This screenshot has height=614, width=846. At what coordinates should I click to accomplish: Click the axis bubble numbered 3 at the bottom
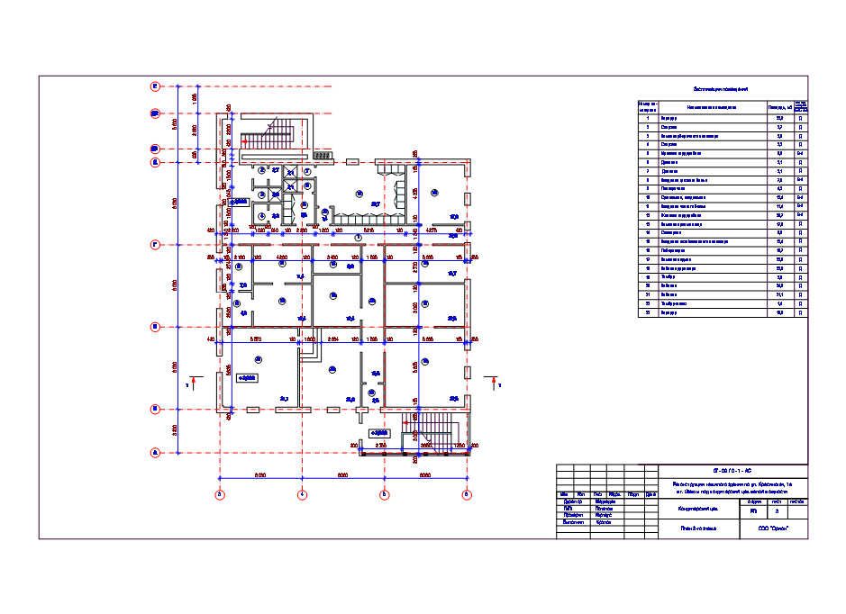pyautogui.click(x=219, y=494)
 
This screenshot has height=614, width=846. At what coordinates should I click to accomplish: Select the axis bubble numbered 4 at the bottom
pyautogui.click(x=303, y=494)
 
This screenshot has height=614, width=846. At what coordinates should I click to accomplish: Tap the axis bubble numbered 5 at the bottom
pyautogui.click(x=385, y=494)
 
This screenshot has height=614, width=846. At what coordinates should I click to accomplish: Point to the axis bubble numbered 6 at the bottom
pyautogui.click(x=467, y=494)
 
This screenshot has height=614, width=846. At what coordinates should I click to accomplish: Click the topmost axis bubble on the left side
pyautogui.click(x=155, y=86)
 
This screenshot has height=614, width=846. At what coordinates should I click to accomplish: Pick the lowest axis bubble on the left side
pyautogui.click(x=155, y=453)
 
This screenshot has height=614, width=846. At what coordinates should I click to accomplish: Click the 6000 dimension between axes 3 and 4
pyautogui.click(x=260, y=474)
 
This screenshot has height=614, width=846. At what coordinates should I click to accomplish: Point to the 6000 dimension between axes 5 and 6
pyautogui.click(x=425, y=474)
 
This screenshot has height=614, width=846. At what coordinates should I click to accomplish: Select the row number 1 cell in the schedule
pyautogui.click(x=647, y=119)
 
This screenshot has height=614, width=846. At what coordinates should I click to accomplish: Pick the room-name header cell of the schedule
pyautogui.click(x=712, y=108)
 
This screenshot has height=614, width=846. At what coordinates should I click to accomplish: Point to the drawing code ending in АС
pyautogui.click(x=732, y=471)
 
